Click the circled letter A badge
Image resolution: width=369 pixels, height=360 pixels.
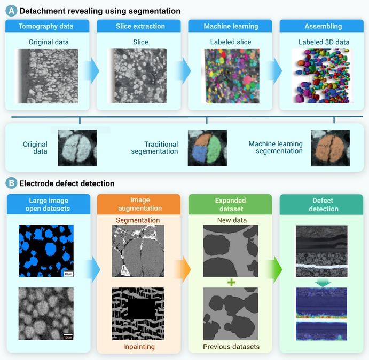(11, 11)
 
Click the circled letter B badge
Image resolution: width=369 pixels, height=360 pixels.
(11, 183)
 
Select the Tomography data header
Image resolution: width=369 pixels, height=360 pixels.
(48, 26)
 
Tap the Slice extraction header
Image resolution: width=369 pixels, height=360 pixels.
(139, 26)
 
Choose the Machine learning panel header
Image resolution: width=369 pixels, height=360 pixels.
(230, 26)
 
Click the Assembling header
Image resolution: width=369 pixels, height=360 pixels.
(321, 26)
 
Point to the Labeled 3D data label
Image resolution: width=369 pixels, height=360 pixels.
(324, 42)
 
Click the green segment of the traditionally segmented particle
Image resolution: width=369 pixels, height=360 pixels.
(214, 148)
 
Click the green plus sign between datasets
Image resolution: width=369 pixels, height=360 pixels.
(231, 282)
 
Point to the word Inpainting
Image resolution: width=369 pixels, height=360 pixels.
(139, 347)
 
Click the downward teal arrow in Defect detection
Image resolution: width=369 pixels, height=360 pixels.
(323, 283)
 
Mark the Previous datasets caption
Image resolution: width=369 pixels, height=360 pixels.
(231, 347)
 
